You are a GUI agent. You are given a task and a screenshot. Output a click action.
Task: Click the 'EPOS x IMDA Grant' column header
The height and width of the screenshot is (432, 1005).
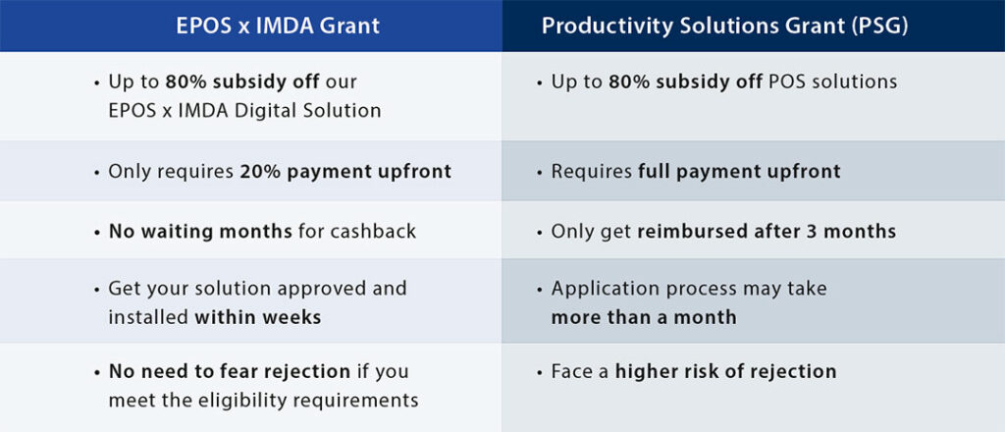point(278,26)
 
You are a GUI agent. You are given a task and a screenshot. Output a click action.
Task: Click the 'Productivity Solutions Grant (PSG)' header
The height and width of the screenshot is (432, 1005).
point(725,26)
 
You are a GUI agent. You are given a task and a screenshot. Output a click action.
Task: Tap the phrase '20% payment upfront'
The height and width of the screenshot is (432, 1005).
point(346,172)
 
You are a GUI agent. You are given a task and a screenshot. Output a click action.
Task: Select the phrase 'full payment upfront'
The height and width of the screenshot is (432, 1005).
point(739,172)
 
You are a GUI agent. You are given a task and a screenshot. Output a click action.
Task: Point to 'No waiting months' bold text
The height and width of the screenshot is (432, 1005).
point(200,231)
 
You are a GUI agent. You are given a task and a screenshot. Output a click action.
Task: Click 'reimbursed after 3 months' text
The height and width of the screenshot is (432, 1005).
point(767,231)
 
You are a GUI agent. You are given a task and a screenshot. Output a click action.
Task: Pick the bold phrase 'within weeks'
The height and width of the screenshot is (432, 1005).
point(258,317)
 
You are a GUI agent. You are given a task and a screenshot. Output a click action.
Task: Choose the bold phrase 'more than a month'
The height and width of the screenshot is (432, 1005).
point(644,317)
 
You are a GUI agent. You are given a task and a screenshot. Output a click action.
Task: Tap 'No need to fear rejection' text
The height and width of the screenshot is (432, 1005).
point(230,372)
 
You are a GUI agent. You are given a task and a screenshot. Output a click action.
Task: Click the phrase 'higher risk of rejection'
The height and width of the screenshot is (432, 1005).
point(725,372)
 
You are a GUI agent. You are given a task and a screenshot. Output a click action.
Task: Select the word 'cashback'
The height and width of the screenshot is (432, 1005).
point(373,231)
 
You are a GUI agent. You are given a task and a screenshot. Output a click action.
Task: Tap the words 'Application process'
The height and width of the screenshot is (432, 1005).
point(644,289)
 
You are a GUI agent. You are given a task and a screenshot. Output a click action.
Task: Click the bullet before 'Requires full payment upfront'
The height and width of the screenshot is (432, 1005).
point(540,173)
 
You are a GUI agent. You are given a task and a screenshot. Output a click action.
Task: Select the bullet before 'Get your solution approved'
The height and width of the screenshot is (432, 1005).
point(97,290)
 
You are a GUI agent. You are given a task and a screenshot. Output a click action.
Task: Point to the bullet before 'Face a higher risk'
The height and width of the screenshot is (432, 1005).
point(540,373)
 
